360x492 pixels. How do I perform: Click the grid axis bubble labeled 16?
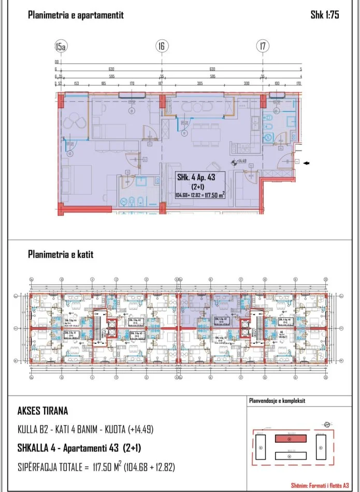click(x=161, y=47)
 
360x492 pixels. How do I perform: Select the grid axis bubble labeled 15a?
click(x=61, y=47)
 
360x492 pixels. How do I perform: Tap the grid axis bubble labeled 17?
click(x=263, y=47)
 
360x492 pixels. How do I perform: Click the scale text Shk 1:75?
click(x=324, y=15)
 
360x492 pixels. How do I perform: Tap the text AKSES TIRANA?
click(x=42, y=412)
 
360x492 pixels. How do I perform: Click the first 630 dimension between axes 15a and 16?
click(x=111, y=68)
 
